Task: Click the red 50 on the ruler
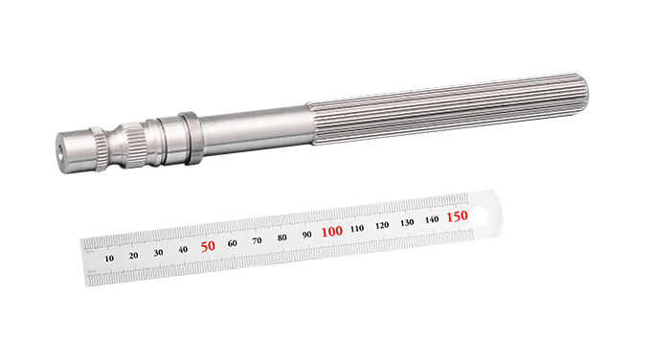pos(208,246)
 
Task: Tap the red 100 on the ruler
pos(331,232)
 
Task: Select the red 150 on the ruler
pos(457,216)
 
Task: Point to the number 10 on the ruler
pos(109,258)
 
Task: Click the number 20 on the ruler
pos(133,255)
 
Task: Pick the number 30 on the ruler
pos(158,252)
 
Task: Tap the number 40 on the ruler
pos(183,249)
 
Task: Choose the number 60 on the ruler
pos(233,243)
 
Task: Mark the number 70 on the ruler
pos(257,240)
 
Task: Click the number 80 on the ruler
pos(282,237)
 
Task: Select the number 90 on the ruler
pos(306,235)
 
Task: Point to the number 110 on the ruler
pos(357,229)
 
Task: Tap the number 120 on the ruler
pos(382,226)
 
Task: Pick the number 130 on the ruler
pos(407,222)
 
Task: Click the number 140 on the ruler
pos(432,219)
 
